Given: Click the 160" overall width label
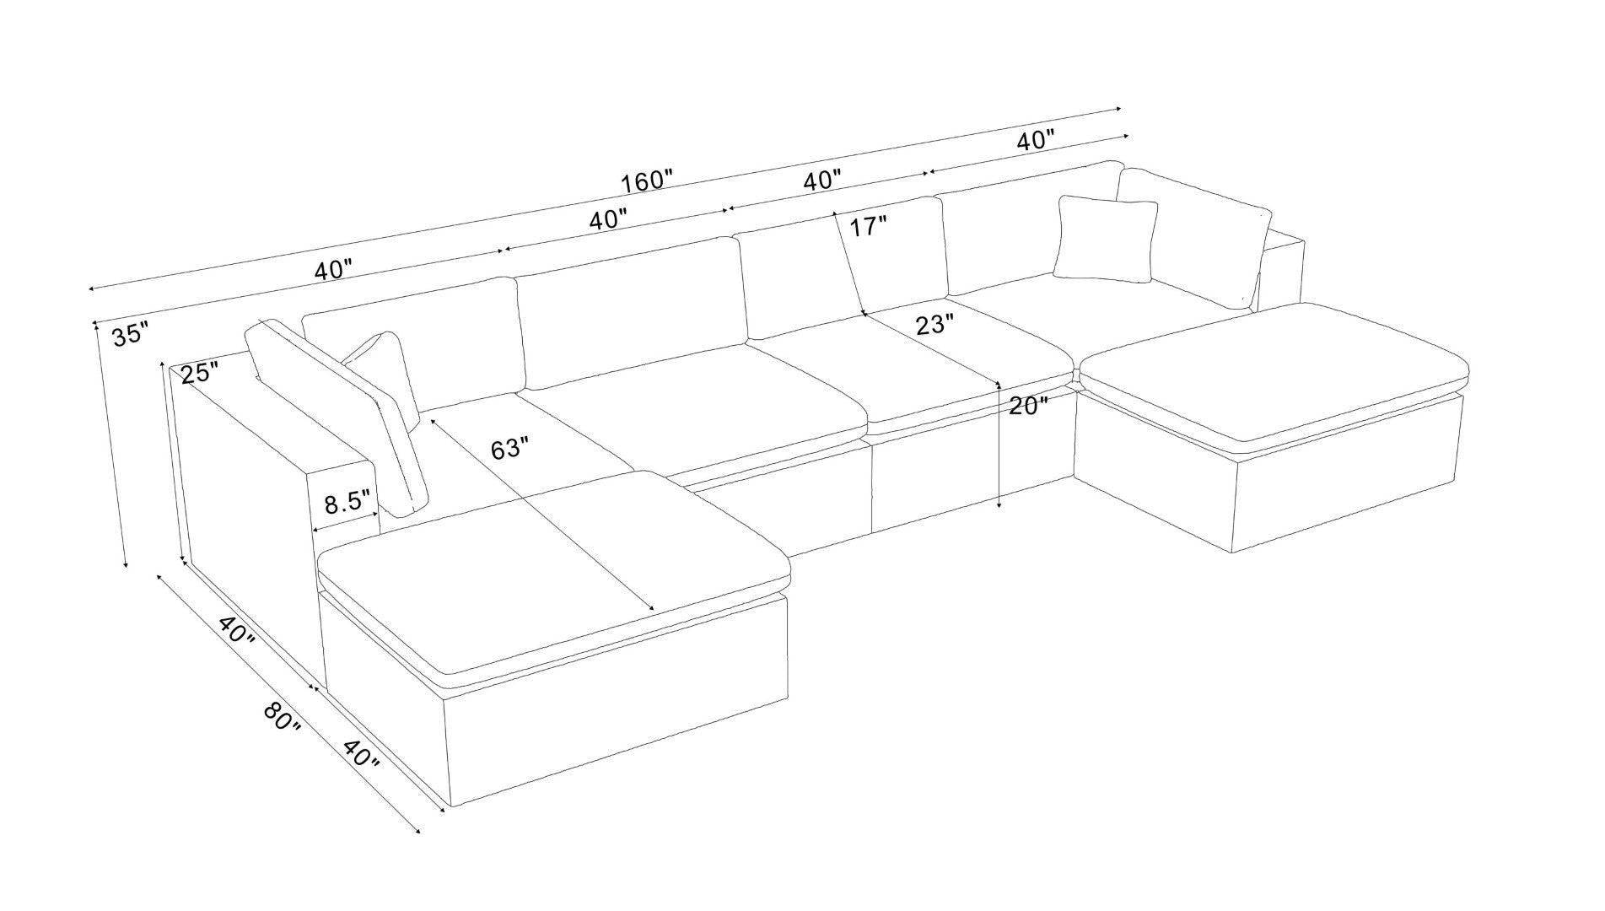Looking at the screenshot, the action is (x=647, y=181).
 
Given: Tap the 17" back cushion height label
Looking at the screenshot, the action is (x=869, y=226).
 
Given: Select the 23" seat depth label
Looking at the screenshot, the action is (x=935, y=325).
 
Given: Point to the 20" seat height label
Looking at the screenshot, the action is (x=1028, y=406).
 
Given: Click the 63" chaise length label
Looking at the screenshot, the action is (x=510, y=449).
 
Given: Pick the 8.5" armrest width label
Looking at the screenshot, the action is (x=348, y=503).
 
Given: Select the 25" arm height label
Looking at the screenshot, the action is (x=200, y=372).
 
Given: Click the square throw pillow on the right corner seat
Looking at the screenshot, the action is (x=1105, y=239).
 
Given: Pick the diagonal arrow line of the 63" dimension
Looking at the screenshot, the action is (x=541, y=514).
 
